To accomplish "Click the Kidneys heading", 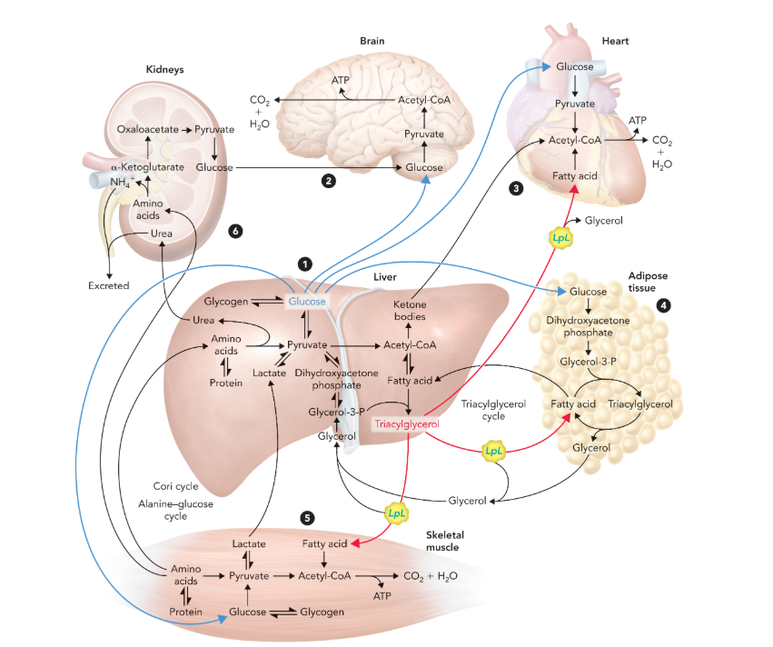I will coord(165,68).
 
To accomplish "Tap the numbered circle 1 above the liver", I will coord(306,264).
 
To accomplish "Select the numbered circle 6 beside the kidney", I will coord(237,232).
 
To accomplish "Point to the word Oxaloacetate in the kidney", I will coord(147,130).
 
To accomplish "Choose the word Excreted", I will coord(108,285).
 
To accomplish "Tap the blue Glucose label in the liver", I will coord(307,302).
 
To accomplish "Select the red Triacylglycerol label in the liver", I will coord(407,424).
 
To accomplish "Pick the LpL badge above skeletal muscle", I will coord(397,513).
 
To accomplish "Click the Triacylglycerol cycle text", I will coord(492,409).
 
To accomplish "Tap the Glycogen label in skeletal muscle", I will coord(322,612).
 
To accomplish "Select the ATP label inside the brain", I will coord(340,81).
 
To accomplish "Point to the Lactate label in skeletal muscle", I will coord(248,543).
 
